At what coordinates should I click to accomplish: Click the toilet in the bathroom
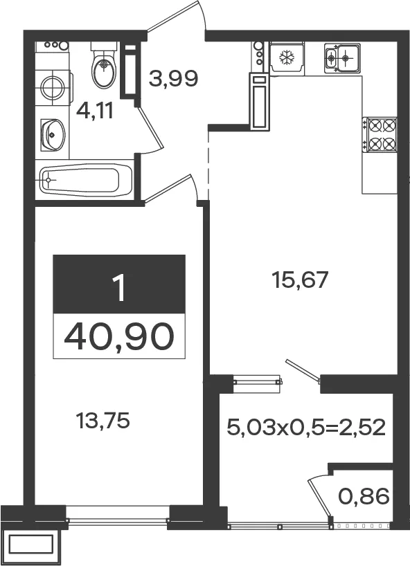tap(104, 65)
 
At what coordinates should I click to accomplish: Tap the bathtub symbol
tap(85, 180)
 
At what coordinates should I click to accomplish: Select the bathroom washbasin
tap(53, 135)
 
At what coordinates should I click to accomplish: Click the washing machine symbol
tap(54, 87)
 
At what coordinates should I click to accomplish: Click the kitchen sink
tap(342, 57)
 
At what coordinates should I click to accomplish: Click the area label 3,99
tap(173, 79)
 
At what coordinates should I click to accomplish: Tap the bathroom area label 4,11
tap(95, 111)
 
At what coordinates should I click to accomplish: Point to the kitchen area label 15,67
tap(301, 280)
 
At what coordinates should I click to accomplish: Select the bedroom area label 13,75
tap(102, 421)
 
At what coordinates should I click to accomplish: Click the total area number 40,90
tap(119, 336)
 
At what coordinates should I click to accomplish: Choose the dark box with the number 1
tap(119, 284)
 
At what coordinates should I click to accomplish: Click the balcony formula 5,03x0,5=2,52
tap(306, 428)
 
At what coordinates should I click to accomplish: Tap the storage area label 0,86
tap(364, 496)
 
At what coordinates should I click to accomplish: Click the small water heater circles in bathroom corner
tap(57, 45)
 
